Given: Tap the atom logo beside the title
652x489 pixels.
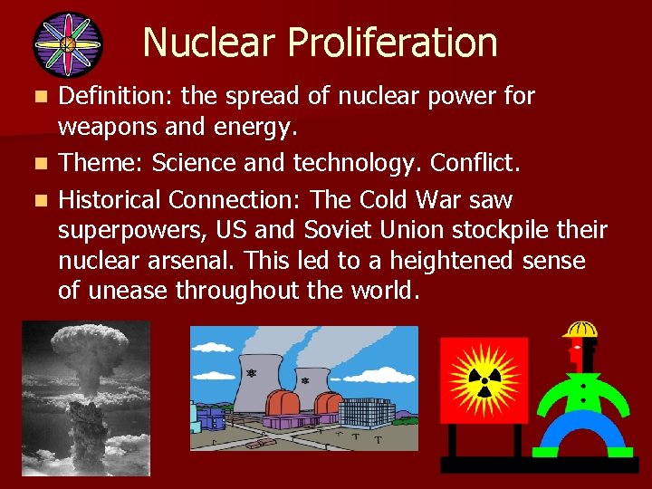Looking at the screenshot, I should (66, 44).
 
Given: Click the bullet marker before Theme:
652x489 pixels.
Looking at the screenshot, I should (36, 164).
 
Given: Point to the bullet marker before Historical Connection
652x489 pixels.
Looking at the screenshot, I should (36, 199).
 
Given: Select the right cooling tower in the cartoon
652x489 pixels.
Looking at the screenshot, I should (311, 385).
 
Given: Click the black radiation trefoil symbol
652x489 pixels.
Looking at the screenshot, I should (484, 379).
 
